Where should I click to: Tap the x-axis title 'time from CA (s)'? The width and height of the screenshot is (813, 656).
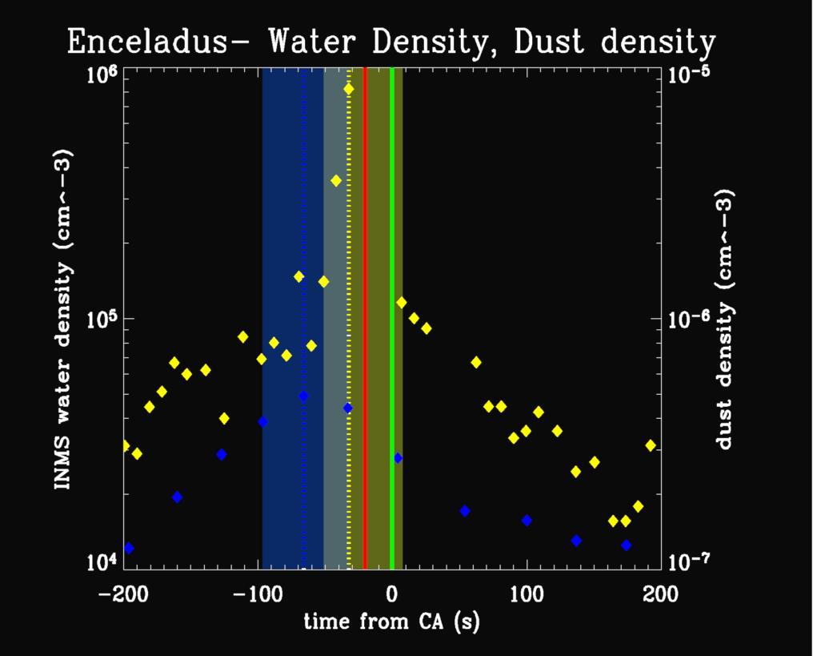[x=391, y=621]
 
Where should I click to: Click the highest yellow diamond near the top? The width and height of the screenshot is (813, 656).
[x=349, y=89]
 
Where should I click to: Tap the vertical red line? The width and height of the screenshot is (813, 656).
[x=365, y=320]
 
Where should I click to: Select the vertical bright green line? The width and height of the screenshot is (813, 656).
[x=391, y=320]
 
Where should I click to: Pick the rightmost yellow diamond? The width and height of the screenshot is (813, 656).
[x=651, y=445]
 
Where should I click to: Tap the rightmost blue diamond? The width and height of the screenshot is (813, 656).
[x=626, y=545]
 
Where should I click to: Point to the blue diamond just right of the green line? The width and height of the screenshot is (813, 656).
[x=398, y=458]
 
